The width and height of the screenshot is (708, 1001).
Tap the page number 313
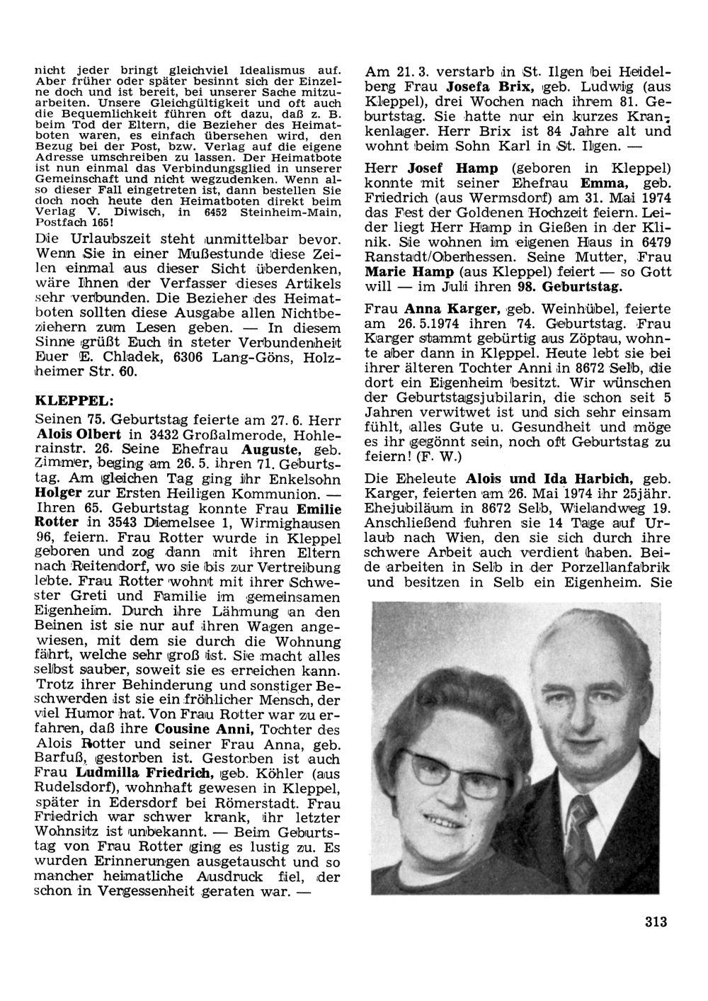tap(656, 922)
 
